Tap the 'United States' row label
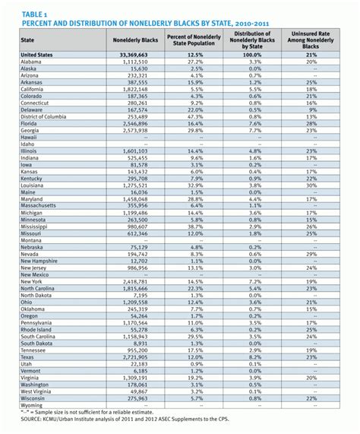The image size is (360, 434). click(x=39, y=55)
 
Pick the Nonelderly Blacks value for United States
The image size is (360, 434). click(x=133, y=55)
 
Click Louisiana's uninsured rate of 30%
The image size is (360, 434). click(x=311, y=185)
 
